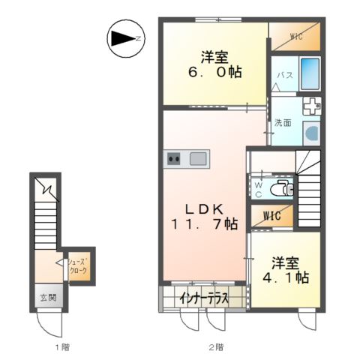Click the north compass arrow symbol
click(x=126, y=39)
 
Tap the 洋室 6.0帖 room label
click(x=214, y=64)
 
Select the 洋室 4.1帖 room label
click(x=286, y=270)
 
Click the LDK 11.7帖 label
click(x=204, y=217)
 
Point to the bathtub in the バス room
click(x=310, y=74)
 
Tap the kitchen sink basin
click(x=198, y=159)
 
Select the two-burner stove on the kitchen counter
click(x=174, y=159)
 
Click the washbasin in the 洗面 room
click(x=312, y=133)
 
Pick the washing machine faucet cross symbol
click(x=312, y=106)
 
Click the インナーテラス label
click(x=205, y=298)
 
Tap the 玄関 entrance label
click(x=49, y=298)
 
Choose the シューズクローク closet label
click(x=79, y=266)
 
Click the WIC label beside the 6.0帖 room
click(x=296, y=37)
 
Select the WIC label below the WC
click(x=272, y=216)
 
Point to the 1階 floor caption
click(x=62, y=347)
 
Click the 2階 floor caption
click(x=216, y=347)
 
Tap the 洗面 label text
click(x=283, y=123)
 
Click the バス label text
click(x=285, y=75)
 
